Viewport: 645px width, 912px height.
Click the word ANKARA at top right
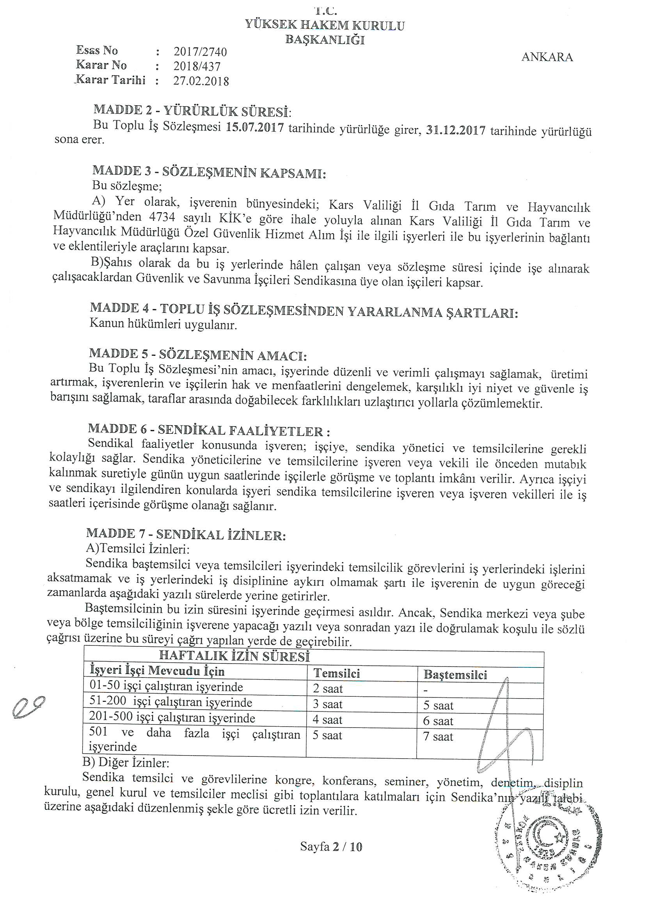click(x=547, y=57)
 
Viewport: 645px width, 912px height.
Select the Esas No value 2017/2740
click(x=200, y=52)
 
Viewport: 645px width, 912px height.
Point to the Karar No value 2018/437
click(x=197, y=66)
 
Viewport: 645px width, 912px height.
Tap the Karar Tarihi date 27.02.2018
click(x=201, y=81)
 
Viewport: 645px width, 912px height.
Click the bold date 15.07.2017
click(x=255, y=128)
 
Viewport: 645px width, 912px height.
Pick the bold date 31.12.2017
click(x=455, y=131)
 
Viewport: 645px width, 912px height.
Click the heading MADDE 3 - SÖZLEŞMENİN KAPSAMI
click(x=209, y=172)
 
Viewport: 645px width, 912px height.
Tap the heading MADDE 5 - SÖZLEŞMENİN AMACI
click(x=198, y=354)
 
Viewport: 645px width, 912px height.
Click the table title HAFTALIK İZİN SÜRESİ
click(x=234, y=656)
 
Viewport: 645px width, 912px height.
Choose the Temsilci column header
click(x=337, y=673)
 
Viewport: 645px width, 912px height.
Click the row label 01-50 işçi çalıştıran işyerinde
click(x=166, y=687)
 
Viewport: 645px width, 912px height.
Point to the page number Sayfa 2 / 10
click(x=331, y=847)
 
